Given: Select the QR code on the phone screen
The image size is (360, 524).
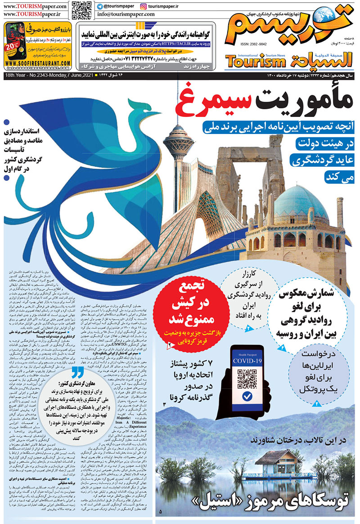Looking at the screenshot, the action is pos(247,375).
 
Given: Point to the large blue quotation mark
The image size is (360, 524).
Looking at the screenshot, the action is pos(77,372).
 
